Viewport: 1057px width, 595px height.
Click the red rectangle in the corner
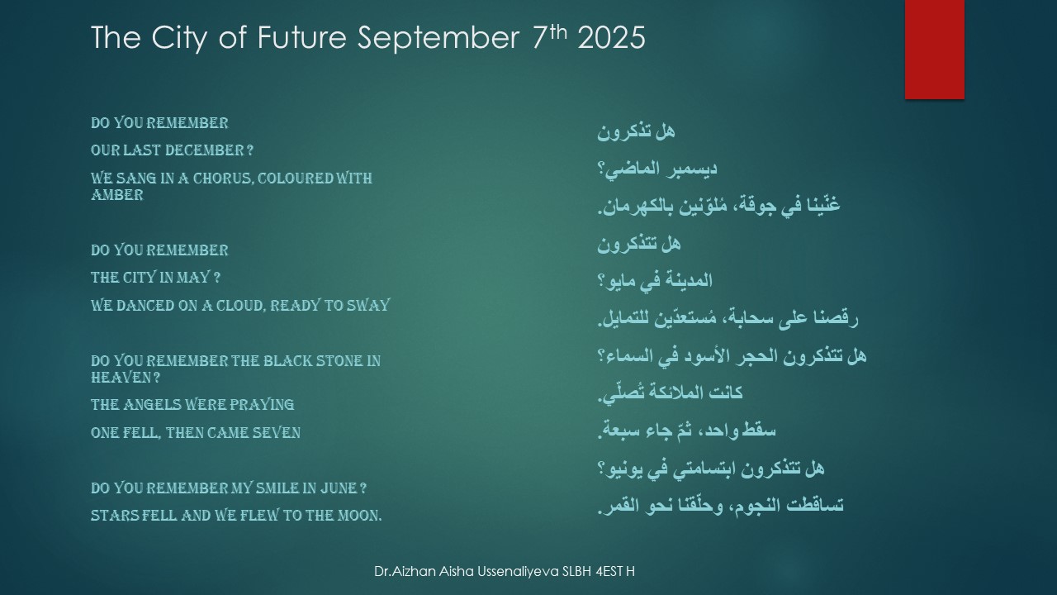click(x=934, y=49)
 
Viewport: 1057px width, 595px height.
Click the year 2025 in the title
click(x=611, y=38)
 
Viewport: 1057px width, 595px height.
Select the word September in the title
click(x=438, y=39)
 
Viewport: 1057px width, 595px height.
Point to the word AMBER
click(x=117, y=194)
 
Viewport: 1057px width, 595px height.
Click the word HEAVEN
click(x=121, y=378)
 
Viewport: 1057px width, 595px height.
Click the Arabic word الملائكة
click(x=673, y=393)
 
